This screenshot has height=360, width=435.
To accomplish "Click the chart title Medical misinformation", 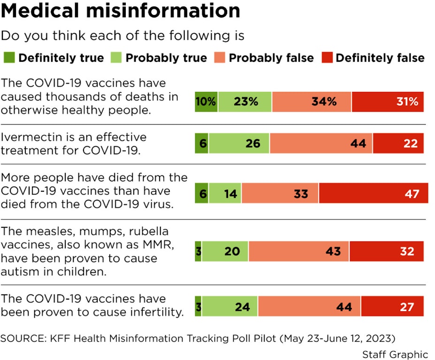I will point(121,11).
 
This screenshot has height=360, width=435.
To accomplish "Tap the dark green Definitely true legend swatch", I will point(10,58).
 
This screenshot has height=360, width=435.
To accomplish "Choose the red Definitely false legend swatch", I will point(327,58).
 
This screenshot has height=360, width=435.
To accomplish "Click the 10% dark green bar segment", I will point(206,102).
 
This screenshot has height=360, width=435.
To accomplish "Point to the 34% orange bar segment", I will point(312,102).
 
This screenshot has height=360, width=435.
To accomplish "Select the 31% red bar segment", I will point(388,102).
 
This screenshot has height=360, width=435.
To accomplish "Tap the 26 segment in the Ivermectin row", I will point(239,143).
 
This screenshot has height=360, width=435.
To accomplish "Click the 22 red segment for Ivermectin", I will point(398,143).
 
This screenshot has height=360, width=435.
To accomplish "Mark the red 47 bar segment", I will point(374,193).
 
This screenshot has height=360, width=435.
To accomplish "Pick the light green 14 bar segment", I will point(225,193).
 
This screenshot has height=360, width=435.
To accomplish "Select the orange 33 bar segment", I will point(280,193).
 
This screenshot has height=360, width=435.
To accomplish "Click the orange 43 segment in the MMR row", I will point(299,251).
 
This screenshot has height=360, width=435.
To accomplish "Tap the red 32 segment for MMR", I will point(387,251).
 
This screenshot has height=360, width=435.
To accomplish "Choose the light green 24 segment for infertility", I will point(229,307).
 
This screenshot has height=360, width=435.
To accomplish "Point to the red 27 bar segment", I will point(392,307).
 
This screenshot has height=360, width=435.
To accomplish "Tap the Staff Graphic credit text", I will point(395,354).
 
